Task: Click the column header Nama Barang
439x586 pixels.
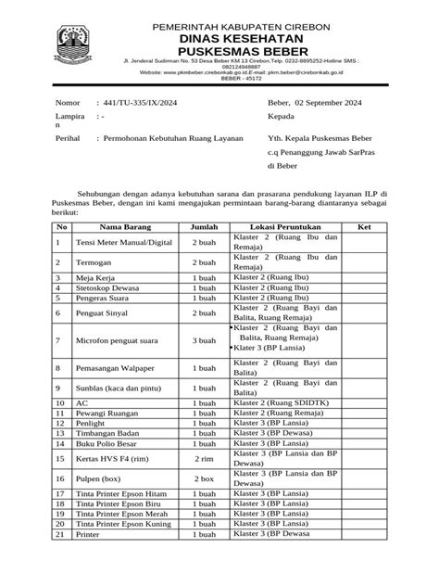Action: (x=125, y=227)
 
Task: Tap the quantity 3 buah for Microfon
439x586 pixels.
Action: (x=204, y=341)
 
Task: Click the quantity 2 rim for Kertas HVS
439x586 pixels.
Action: (x=204, y=459)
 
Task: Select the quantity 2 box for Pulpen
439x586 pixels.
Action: (x=204, y=478)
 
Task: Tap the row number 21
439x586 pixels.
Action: (x=60, y=535)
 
